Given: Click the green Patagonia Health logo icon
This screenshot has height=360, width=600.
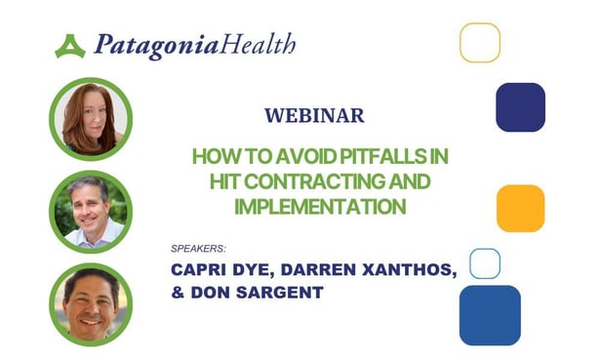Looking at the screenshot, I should pyautogui.click(x=69, y=46).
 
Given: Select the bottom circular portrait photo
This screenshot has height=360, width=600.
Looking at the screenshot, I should pyautogui.click(x=90, y=303).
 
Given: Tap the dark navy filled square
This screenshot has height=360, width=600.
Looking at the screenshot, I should pyautogui.click(x=520, y=106).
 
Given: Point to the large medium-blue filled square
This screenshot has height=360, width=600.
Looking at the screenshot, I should pyautogui.click(x=490, y=314).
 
